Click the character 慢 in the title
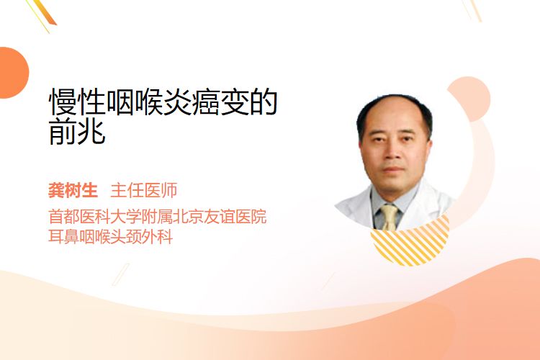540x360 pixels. coord(63,102)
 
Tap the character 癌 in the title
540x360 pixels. coord(206,102)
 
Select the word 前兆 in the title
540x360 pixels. coord(77,131)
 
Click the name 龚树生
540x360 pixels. coord(73,191)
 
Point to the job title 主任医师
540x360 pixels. coord(144,191)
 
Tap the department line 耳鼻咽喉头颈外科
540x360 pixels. coord(111,237)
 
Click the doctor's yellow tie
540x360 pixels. coord(389,217)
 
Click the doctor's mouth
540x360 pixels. coord(393,169)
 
